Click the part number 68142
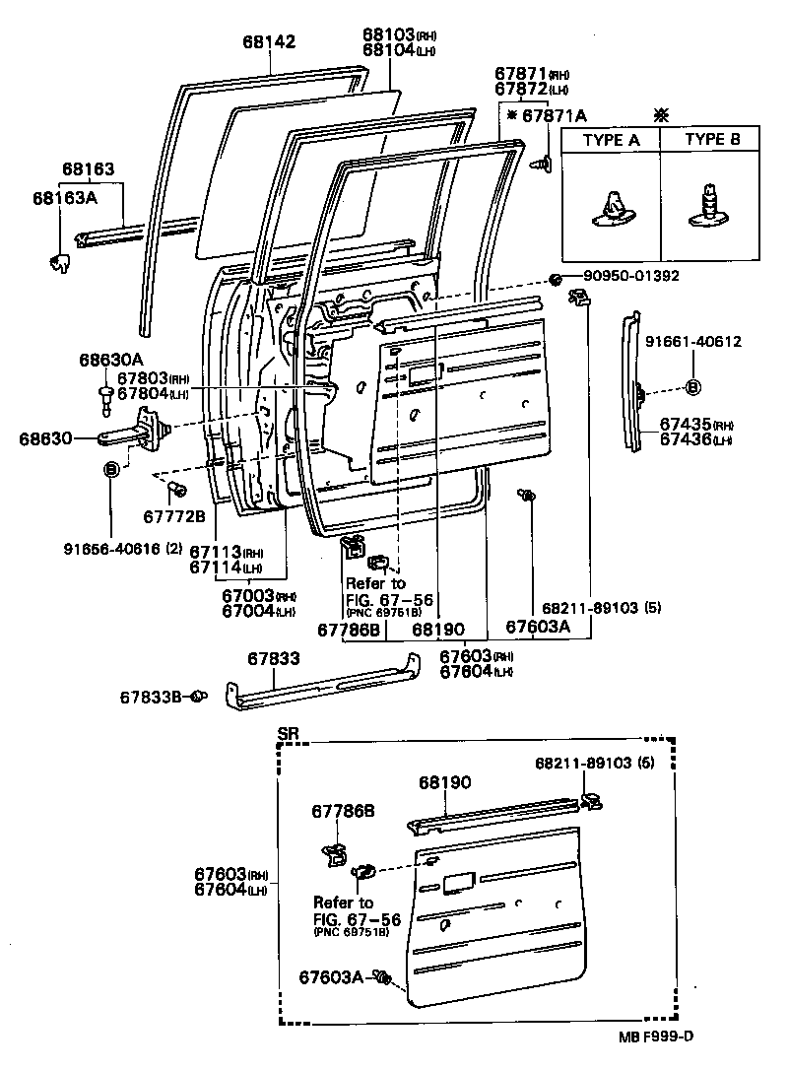(269, 41)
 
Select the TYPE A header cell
(610, 140)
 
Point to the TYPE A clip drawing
(610, 208)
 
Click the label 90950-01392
(629, 276)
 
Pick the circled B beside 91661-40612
(692, 386)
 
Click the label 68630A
(111, 361)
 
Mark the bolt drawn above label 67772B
(177, 490)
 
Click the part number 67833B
(152, 698)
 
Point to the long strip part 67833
(325, 687)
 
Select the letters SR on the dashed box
(288, 734)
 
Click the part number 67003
(246, 596)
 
